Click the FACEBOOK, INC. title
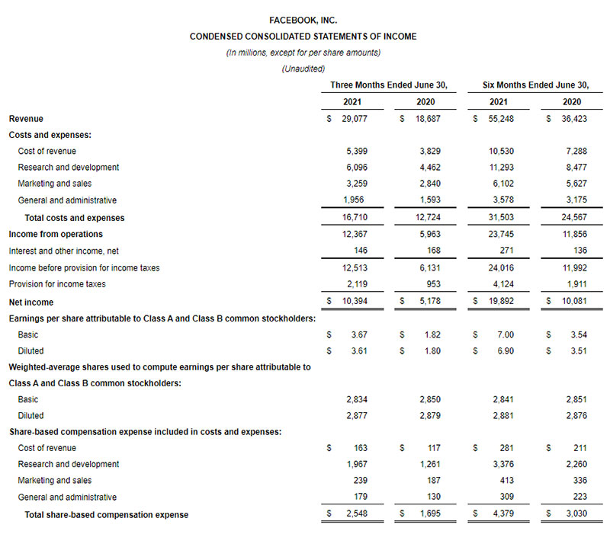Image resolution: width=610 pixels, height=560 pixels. [303, 21]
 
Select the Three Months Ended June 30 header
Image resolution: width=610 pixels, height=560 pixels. [388, 85]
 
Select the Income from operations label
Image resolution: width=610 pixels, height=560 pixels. [56, 234]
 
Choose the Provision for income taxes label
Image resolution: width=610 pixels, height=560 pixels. [57, 284]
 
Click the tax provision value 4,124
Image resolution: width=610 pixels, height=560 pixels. [501, 284]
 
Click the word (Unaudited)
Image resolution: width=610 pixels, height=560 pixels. [303, 69]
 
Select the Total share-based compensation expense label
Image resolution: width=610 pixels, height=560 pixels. [106, 515]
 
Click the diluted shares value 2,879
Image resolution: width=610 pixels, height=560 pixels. [429, 416]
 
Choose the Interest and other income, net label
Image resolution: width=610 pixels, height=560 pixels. [64, 251]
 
